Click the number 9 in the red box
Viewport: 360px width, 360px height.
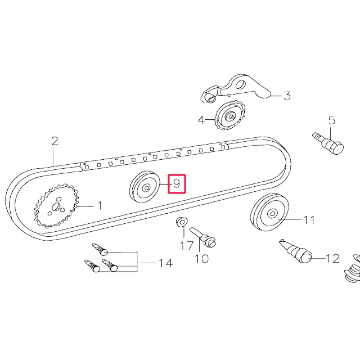pyautogui.click(x=177, y=184)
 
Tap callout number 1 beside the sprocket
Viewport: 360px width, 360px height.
pyautogui.click(x=100, y=205)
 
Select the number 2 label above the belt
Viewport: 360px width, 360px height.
pyautogui.click(x=55, y=141)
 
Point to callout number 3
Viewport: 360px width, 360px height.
pyautogui.click(x=287, y=96)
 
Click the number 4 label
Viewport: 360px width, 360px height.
pyautogui.click(x=201, y=120)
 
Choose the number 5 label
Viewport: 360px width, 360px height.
pyautogui.click(x=332, y=120)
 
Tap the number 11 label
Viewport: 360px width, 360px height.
pyautogui.click(x=309, y=220)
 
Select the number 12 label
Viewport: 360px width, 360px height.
pyautogui.click(x=332, y=259)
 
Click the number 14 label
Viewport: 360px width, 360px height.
pyautogui.click(x=165, y=263)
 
